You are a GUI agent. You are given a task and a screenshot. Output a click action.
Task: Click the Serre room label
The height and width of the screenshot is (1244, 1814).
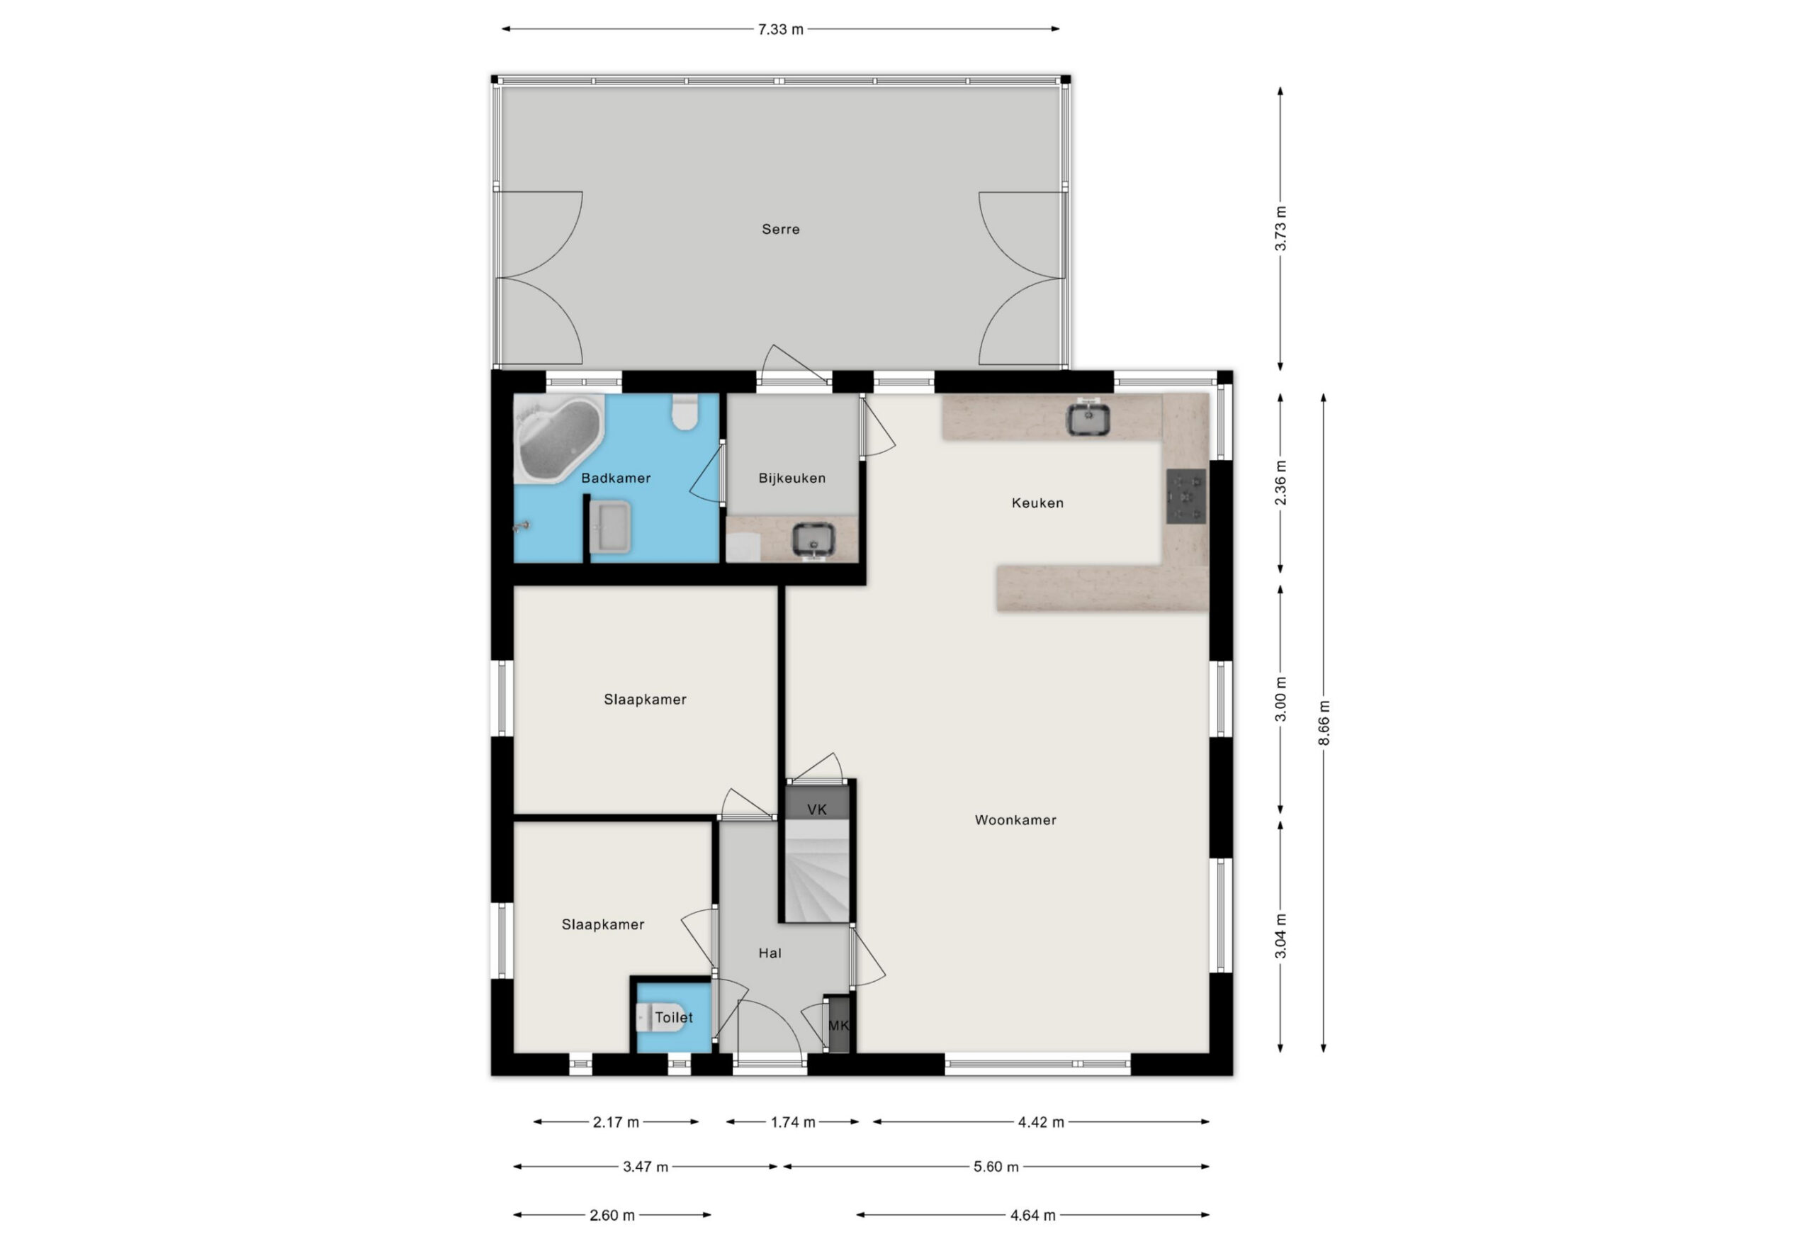pos(781,230)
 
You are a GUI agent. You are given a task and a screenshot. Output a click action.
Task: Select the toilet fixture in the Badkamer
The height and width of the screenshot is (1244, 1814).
pos(685,412)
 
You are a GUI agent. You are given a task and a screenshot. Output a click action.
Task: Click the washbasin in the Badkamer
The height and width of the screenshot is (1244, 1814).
pos(609,528)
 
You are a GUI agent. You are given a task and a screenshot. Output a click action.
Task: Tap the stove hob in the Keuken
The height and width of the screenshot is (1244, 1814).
pos(1186,496)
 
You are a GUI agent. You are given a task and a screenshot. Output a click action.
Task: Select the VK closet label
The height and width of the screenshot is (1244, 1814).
pos(817,809)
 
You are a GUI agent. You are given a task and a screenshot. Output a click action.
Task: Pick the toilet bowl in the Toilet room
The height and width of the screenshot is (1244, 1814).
pos(660,1018)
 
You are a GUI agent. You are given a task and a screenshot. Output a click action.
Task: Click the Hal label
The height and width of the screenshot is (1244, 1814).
pos(770,953)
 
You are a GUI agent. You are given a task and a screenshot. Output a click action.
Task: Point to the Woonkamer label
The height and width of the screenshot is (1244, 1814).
pos(1015,820)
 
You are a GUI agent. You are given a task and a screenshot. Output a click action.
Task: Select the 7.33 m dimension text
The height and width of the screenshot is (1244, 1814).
pos(781,30)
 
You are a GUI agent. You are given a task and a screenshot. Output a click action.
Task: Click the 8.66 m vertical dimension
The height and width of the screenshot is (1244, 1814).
pos(1324,722)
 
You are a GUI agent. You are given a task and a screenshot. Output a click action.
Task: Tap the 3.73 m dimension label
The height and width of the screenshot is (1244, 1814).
pos(1280,228)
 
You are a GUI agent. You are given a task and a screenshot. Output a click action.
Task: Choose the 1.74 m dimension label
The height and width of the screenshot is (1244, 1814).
pos(793,1122)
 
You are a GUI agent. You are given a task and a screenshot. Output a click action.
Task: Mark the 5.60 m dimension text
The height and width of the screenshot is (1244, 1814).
pos(996,1167)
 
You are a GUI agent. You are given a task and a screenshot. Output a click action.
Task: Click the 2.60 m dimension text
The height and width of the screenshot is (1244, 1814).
pos(612,1215)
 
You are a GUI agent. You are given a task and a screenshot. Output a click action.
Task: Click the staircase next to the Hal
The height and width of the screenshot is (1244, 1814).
pos(816,870)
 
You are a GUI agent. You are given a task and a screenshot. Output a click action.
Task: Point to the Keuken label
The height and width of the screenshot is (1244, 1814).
pos(1037,503)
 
